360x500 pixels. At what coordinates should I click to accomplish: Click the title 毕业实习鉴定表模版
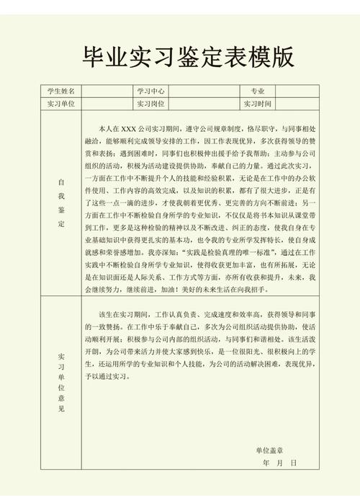(179, 56)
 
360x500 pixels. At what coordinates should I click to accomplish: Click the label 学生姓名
(61, 91)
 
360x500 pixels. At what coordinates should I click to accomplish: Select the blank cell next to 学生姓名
(107, 91)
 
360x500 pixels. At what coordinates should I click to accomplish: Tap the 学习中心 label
(150, 91)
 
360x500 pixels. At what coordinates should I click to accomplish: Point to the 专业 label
(257, 91)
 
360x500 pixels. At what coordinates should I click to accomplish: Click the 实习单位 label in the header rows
(61, 103)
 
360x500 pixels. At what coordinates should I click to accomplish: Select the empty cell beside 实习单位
(107, 103)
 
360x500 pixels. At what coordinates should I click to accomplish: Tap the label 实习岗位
(150, 103)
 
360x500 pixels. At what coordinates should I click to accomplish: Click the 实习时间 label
(257, 103)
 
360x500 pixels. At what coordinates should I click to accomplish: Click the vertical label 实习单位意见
(61, 383)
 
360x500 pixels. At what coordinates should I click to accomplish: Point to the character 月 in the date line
(281, 463)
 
